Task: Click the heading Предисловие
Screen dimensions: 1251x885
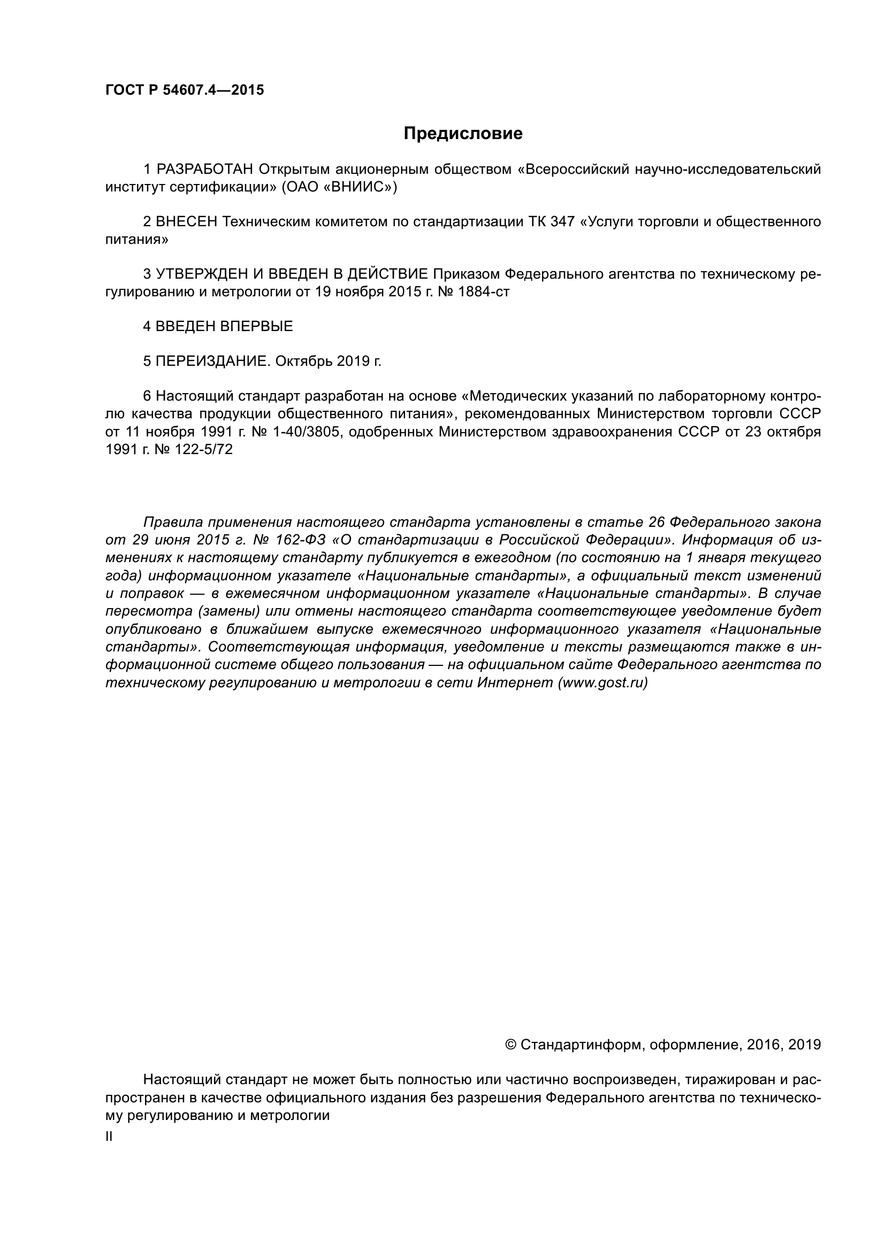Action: pyautogui.click(x=463, y=134)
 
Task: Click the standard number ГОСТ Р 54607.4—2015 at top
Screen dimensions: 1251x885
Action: pyautogui.click(x=184, y=90)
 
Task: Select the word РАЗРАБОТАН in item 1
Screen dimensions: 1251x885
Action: pyautogui.click(x=204, y=170)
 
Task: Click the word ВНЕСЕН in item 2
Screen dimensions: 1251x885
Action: pyautogui.click(x=186, y=222)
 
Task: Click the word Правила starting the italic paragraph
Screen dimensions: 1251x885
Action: pyautogui.click(x=172, y=522)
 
